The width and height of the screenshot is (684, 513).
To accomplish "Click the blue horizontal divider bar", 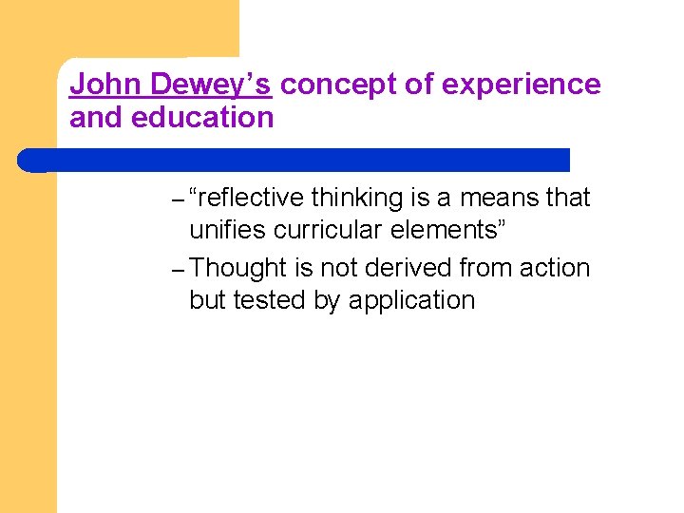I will [x=294, y=160].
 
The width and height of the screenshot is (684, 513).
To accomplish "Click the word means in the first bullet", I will [x=500, y=198].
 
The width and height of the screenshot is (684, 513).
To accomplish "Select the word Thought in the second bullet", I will [x=238, y=269].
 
